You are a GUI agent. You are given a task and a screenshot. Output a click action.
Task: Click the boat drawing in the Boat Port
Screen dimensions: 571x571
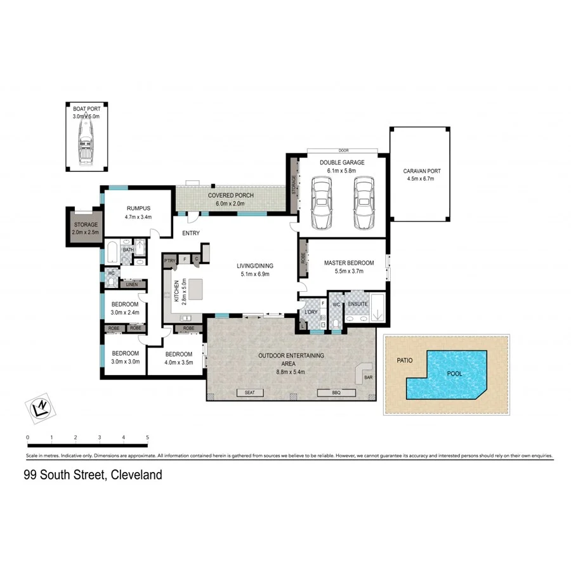click(x=86, y=144)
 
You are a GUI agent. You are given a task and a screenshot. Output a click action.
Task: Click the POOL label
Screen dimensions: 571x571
click(x=454, y=374)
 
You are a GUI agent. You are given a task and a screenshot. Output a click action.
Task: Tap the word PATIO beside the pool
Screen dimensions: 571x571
click(x=405, y=360)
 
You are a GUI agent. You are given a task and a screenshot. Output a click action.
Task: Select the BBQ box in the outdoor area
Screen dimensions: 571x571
click(x=336, y=393)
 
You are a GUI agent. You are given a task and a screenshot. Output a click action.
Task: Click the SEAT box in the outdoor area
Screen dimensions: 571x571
click(x=249, y=393)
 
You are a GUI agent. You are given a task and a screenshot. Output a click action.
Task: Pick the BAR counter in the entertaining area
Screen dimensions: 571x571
click(x=367, y=374)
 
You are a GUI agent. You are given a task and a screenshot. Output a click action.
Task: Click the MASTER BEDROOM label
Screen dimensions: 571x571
click(x=349, y=263)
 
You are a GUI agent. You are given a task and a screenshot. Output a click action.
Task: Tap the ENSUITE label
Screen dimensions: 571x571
click(x=358, y=304)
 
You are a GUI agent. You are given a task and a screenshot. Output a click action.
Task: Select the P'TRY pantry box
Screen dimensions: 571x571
click(x=169, y=260)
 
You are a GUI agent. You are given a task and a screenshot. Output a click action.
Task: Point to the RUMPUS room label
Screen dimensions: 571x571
click(x=138, y=207)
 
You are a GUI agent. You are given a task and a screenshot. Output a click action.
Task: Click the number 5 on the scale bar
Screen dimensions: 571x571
click(x=147, y=437)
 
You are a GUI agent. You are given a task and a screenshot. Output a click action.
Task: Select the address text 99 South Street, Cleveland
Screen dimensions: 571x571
click(x=93, y=475)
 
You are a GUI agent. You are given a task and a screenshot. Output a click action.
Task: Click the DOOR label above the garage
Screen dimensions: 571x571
click(x=344, y=151)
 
